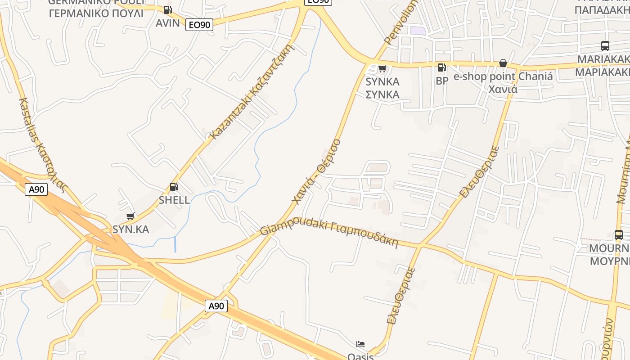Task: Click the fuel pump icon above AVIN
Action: tap(167, 9)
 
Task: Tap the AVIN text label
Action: tap(167, 23)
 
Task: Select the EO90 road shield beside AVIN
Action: tap(199, 25)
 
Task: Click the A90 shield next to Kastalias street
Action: tap(36, 189)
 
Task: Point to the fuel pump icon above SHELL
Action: tap(174, 186)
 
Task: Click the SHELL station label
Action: tap(174, 200)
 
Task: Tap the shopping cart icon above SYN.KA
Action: tap(130, 216)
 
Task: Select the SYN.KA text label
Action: tap(130, 229)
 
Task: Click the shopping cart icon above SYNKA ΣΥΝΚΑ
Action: tap(382, 68)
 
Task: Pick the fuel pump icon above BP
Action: tap(442, 67)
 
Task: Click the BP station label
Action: tap(442, 81)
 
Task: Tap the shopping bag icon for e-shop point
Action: tap(503, 63)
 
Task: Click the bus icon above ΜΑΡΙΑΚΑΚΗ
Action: tap(605, 45)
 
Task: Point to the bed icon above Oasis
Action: tap(360, 344)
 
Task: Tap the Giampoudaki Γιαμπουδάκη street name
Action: tap(329, 233)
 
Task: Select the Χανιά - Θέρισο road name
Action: tap(316, 171)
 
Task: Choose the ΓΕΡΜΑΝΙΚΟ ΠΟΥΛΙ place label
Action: tap(96, 13)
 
